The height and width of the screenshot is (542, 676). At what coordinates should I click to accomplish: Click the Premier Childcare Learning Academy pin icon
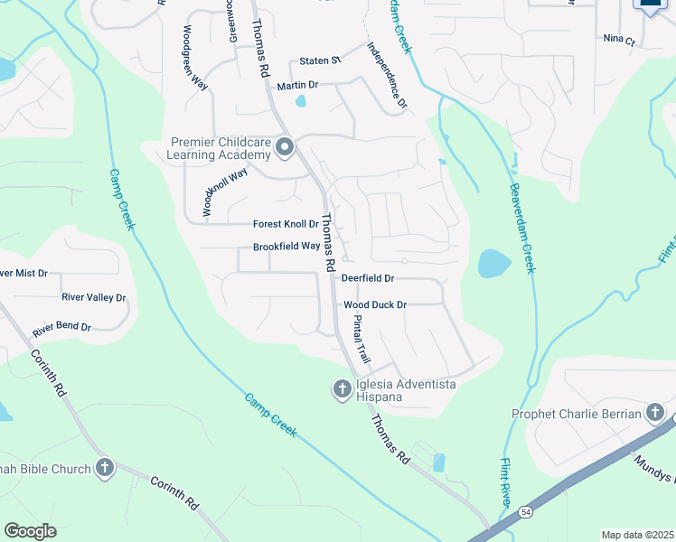pos(286,147)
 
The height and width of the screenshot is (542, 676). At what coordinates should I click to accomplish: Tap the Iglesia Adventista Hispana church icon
pos(342,389)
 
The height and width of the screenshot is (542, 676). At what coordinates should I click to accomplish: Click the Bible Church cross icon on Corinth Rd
pos(105,468)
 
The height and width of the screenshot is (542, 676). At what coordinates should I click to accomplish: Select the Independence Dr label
pos(387,76)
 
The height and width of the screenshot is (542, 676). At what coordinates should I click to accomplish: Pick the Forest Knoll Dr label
pos(286,224)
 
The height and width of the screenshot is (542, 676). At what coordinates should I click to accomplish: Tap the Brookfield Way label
pos(286,247)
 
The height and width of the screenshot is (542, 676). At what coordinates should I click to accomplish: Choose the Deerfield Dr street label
pos(369,279)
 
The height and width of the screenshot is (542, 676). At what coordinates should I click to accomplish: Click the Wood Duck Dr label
pos(375,305)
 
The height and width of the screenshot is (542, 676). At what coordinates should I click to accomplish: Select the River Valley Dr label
pos(93,297)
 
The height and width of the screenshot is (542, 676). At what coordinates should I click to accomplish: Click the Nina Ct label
pos(619,40)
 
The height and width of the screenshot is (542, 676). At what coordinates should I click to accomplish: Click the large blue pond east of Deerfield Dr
pos(494,263)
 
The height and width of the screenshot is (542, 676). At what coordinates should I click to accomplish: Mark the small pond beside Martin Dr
pos(301,101)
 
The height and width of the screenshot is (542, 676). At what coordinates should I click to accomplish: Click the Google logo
pos(30,531)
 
